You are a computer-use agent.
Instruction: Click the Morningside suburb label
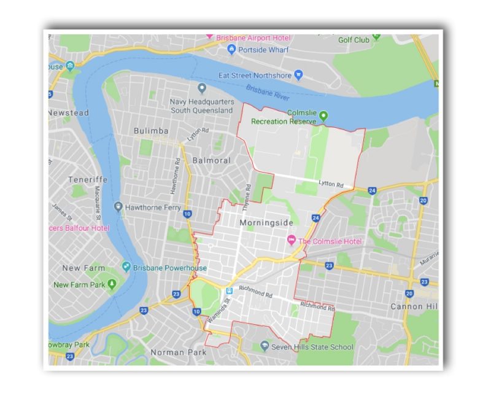pos(266,222)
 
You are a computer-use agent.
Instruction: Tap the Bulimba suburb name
pos(151,131)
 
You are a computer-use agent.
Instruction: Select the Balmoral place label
pos(211,160)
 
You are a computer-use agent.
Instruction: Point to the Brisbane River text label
pos(268,93)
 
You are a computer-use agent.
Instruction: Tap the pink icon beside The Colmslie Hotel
pos(292,241)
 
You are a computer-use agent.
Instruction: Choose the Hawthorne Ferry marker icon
pos(118,207)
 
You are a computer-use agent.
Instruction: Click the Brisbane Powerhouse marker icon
pos(126,267)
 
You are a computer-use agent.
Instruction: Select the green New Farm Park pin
pos(112,284)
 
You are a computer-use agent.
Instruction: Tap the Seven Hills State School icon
pos(265,346)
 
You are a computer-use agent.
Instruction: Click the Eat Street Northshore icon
pos(298,75)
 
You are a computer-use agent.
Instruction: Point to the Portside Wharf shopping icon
pos(231,49)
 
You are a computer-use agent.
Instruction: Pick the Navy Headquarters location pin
pos(202,89)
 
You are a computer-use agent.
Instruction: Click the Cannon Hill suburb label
pos(415,306)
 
